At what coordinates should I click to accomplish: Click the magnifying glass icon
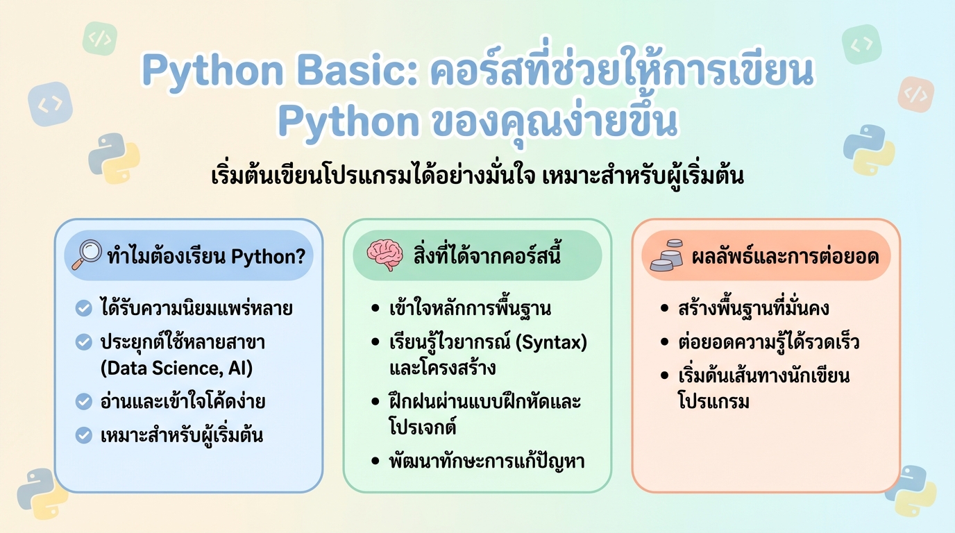pyautogui.click(x=87, y=255)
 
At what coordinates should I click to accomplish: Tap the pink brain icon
pyautogui.click(x=384, y=255)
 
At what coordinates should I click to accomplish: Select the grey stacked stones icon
pyautogui.click(x=666, y=256)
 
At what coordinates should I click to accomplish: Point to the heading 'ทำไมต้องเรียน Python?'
pyautogui.click(x=206, y=256)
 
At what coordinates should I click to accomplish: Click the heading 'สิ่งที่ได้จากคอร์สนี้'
pyautogui.click(x=487, y=256)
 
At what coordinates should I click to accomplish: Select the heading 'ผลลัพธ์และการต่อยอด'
pyautogui.click(x=785, y=257)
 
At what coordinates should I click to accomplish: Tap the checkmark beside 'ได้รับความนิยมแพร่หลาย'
pyautogui.click(x=84, y=308)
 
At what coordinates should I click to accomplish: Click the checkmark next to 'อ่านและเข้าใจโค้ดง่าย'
pyautogui.click(x=84, y=401)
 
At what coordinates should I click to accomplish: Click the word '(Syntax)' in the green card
pyautogui.click(x=555, y=342)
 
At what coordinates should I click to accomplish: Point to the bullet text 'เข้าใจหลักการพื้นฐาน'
pyautogui.click(x=470, y=308)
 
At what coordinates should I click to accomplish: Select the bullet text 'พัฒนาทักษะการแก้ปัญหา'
pyautogui.click(x=487, y=461)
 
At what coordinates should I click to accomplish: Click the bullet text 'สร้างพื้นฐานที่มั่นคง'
pyautogui.click(x=753, y=308)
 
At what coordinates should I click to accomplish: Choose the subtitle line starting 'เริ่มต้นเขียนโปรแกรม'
pyautogui.click(x=477, y=176)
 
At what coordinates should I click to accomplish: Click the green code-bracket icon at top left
pyautogui.click(x=100, y=39)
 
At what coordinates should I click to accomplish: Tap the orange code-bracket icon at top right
pyautogui.click(x=915, y=94)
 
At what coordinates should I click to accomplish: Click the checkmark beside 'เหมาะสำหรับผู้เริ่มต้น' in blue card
pyautogui.click(x=84, y=436)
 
